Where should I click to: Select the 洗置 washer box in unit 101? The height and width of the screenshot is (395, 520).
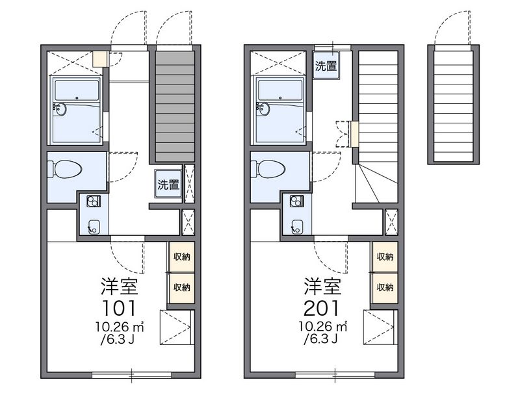(168, 184)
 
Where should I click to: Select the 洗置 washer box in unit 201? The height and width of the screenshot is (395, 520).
(326, 66)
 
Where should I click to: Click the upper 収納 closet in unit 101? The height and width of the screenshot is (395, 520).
(181, 256)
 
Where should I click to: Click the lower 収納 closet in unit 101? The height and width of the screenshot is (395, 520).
(181, 287)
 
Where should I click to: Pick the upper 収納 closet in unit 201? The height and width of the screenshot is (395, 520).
(385, 256)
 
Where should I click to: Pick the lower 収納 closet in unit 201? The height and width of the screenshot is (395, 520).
(385, 287)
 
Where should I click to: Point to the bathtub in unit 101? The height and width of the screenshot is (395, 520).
(77, 110)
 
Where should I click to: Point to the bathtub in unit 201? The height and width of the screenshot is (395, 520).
(280, 110)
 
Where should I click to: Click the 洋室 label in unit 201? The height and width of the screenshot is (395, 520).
(322, 286)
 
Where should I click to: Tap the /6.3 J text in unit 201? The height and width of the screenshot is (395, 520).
(320, 338)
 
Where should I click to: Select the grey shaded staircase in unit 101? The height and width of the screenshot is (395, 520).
(175, 107)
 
